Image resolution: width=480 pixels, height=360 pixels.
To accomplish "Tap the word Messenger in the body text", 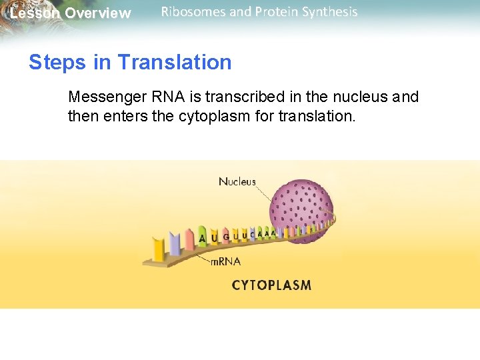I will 107,97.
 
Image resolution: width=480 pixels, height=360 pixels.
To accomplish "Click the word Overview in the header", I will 98,13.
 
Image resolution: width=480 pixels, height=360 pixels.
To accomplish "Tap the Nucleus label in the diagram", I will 237,182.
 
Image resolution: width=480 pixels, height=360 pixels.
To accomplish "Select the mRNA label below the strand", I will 225,262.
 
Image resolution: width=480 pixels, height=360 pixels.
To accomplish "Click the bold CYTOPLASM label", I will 271,285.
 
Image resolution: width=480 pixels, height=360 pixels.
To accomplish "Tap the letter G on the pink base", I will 226,236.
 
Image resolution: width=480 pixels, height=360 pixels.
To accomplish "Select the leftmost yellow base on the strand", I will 159,249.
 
